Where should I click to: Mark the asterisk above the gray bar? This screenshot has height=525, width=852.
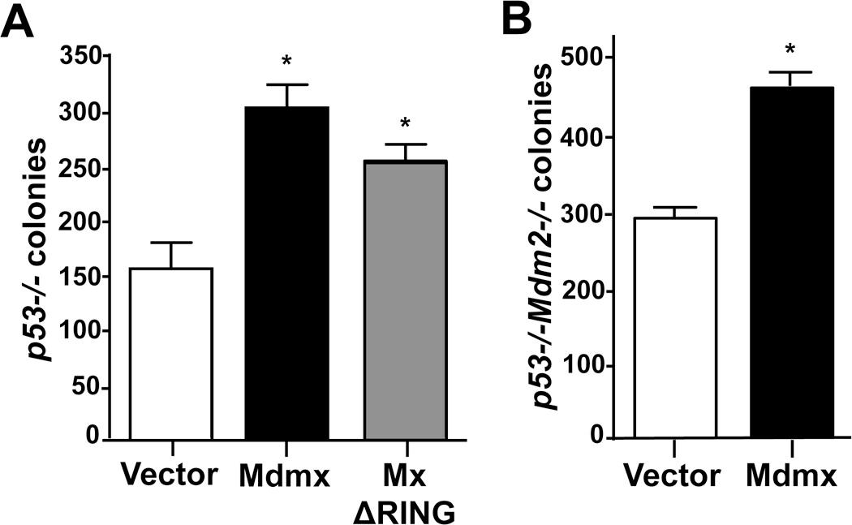tap(406, 124)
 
